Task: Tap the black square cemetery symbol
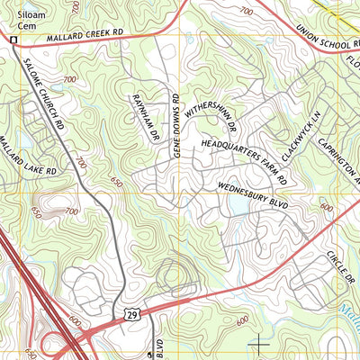(x=13, y=40)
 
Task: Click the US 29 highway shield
(x=131, y=313)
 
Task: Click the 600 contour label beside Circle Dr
(x=327, y=205)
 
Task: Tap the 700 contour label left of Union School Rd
(x=247, y=10)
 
